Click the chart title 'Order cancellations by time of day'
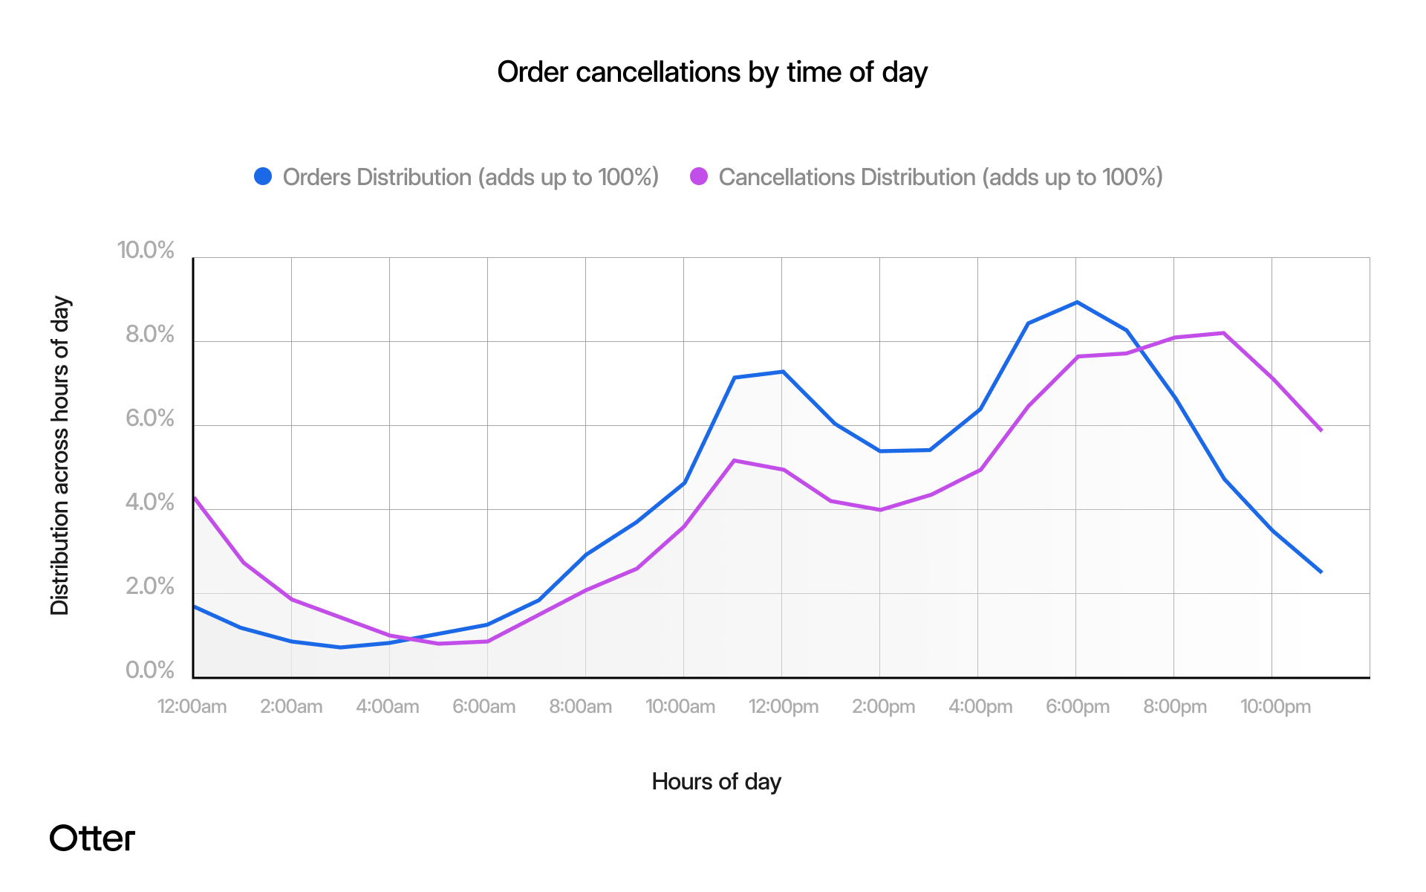[712, 72]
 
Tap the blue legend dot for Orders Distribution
[263, 176]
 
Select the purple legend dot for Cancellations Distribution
[699, 176]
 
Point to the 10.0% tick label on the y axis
[146, 250]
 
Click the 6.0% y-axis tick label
[149, 418]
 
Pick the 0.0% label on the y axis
[149, 670]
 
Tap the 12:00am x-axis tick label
[192, 706]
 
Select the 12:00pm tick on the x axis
[783, 706]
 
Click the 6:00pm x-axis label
[1077, 706]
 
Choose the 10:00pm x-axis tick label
[1274, 706]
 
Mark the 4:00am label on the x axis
[388, 706]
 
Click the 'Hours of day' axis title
[716, 781]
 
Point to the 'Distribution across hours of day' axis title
[59, 456]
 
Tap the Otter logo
[92, 838]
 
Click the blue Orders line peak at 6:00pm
[1077, 302]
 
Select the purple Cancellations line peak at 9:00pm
[1223, 333]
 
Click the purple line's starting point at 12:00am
[195, 498]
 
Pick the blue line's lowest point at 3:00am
[341, 647]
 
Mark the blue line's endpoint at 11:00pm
[1321, 572]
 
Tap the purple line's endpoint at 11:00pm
[1321, 430]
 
